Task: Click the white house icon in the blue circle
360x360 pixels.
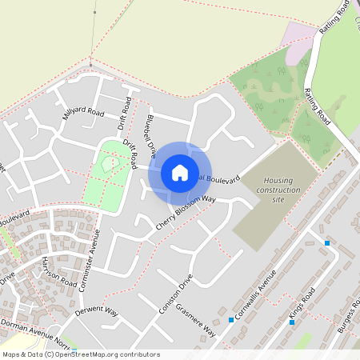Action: point(179,172)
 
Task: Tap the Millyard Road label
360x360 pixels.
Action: point(83,114)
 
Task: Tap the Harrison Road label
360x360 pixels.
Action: point(59,272)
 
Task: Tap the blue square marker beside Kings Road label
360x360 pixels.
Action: point(291,322)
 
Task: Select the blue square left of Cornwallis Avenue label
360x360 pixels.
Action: point(231,320)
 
